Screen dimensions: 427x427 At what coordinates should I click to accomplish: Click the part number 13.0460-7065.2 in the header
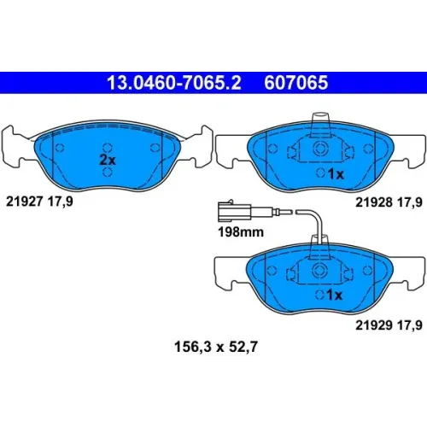[x=174, y=83]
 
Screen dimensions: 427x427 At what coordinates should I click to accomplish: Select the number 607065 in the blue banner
[x=296, y=83]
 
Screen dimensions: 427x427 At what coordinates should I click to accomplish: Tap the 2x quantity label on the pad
[x=108, y=160]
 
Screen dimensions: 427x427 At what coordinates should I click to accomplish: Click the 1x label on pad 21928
[x=336, y=173]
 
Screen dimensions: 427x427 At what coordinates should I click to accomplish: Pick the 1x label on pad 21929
[x=335, y=295]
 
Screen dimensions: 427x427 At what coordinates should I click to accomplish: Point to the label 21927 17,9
[x=39, y=202]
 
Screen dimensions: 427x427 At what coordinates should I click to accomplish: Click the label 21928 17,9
[x=389, y=202]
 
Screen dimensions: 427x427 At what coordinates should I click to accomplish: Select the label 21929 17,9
[x=389, y=325]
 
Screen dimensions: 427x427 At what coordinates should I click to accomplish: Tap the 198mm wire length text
[x=241, y=232]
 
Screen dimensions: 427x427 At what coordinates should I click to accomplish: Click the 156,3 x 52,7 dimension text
[x=216, y=347]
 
